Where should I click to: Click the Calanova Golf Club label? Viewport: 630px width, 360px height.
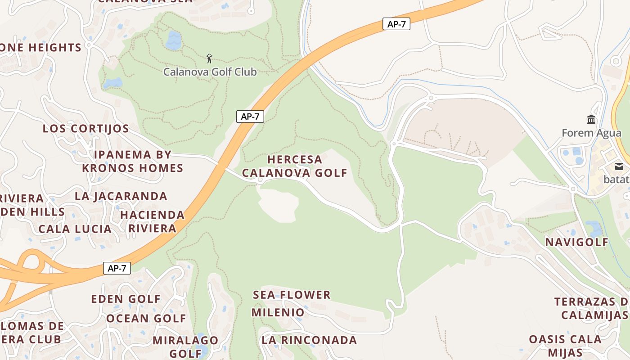tap(210, 72)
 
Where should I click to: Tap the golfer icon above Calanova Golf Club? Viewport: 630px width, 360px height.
tap(209, 58)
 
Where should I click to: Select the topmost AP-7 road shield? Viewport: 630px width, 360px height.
tap(396, 24)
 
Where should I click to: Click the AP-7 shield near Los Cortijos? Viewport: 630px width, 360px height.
tap(250, 117)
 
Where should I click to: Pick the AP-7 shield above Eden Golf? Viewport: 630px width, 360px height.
tap(117, 269)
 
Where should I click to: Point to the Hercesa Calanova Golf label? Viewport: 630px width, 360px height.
tap(295, 166)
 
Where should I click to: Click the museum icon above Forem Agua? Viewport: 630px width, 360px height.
tap(591, 119)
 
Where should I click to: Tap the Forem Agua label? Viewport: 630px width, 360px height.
tap(591, 133)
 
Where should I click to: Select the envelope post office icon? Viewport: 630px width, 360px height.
tap(619, 166)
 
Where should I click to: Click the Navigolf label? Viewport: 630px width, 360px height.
tap(576, 242)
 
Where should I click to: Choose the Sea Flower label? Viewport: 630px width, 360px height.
tap(292, 295)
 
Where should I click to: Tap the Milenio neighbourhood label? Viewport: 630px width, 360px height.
tap(278, 312)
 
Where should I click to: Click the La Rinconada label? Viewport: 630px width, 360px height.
tap(309, 340)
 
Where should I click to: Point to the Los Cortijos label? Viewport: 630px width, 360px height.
tap(86, 129)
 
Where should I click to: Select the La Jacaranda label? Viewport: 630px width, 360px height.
tap(121, 196)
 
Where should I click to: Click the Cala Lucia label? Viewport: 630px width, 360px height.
tap(75, 229)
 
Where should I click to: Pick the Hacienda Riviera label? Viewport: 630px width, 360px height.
tap(153, 221)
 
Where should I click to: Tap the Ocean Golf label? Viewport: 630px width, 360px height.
tap(146, 319)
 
